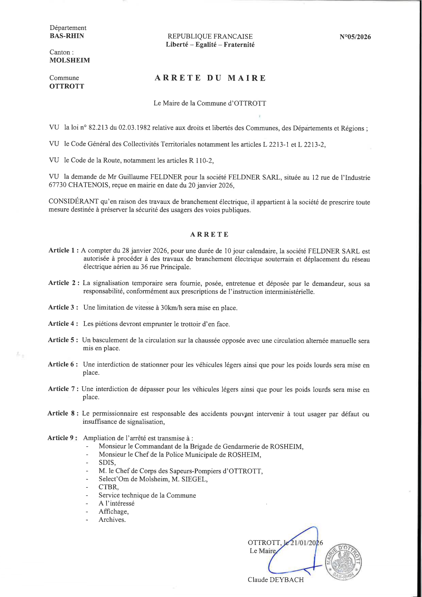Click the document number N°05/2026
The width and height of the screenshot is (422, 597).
[355, 37]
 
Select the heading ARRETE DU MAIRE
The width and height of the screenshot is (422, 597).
[210, 78]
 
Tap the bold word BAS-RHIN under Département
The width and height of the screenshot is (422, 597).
[67, 36]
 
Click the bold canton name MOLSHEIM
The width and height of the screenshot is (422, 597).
[70, 60]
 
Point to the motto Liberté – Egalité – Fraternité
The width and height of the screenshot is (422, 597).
[210, 45]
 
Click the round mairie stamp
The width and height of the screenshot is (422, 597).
[344, 561]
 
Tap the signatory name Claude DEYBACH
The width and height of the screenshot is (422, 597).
[276, 580]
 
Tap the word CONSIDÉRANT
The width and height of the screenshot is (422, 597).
[74, 201]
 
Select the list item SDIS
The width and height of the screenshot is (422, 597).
[107, 463]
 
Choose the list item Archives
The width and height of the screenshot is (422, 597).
[112, 520]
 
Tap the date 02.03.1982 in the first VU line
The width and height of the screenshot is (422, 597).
[134, 128]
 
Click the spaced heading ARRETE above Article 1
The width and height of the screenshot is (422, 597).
[209, 235]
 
